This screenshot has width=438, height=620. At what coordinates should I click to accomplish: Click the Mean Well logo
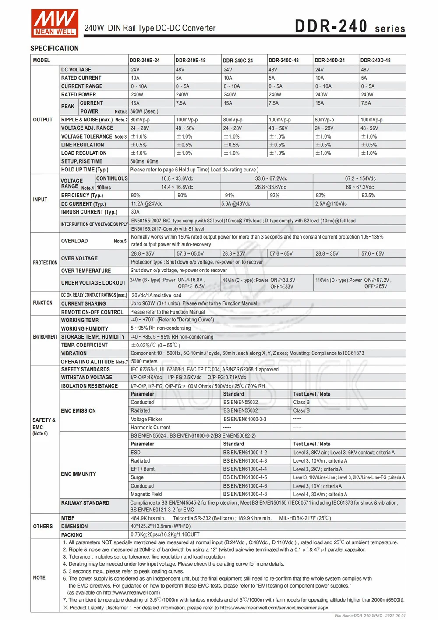(x=55, y=23)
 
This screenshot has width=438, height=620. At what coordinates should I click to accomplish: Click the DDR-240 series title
(x=350, y=26)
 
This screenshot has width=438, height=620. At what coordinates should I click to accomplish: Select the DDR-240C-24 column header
(x=238, y=61)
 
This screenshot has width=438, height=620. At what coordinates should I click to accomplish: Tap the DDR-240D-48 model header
(x=375, y=61)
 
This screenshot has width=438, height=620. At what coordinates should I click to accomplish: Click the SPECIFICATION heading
(x=54, y=48)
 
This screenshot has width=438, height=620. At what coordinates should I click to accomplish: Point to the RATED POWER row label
(x=78, y=95)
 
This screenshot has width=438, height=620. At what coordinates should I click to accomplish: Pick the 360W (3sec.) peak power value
(x=144, y=111)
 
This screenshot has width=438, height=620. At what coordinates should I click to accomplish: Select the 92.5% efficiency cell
(x=368, y=196)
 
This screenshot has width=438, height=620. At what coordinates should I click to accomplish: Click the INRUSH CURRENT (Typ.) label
(x=89, y=212)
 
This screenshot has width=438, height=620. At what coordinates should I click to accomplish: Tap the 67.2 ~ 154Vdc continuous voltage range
(x=360, y=179)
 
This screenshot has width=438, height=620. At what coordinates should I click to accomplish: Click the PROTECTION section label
(x=45, y=263)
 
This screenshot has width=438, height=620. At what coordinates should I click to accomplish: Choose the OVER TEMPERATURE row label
(x=86, y=271)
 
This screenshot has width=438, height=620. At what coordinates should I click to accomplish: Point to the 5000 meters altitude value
(x=144, y=362)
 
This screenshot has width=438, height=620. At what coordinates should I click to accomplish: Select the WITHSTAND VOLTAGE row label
(x=87, y=378)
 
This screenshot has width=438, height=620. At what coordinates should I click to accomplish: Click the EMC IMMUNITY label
(x=78, y=474)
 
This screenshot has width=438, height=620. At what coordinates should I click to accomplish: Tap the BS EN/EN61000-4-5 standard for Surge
(x=245, y=477)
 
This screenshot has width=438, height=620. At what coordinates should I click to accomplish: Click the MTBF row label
(x=68, y=518)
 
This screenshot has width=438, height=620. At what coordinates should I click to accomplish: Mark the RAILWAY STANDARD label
(x=85, y=503)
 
